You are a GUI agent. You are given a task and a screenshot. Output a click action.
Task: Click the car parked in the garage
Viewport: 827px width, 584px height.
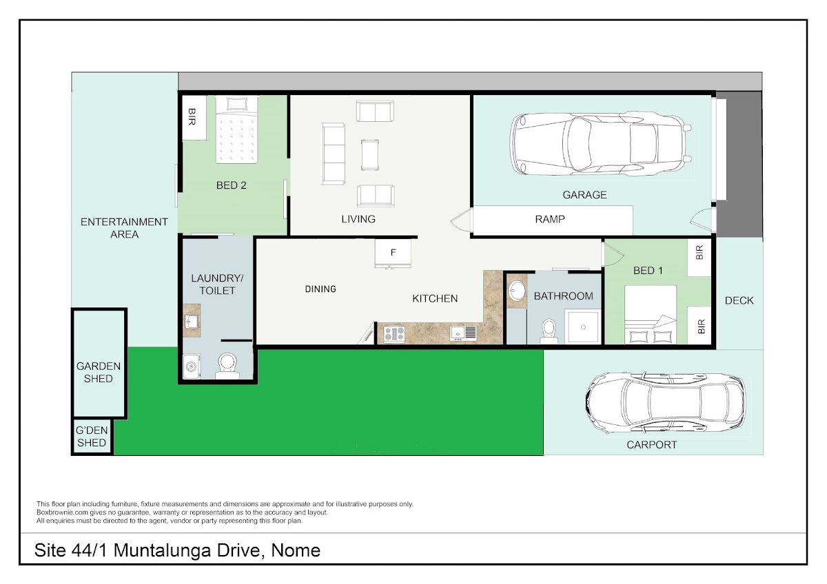click(601, 144)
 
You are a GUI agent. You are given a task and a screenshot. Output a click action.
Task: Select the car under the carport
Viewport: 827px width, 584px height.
click(665, 402)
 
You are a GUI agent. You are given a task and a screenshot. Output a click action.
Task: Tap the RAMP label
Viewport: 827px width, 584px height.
click(550, 219)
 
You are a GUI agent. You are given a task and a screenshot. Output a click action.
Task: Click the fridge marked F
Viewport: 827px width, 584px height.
click(394, 252)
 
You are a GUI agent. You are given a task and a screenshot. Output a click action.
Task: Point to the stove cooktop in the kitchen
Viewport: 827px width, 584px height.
click(394, 334)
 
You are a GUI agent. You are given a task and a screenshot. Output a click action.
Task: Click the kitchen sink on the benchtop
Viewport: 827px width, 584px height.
click(463, 333)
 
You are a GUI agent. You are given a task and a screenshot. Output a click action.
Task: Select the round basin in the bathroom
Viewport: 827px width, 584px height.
click(518, 291)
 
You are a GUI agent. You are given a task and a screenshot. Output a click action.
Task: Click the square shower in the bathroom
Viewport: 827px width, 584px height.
click(583, 327)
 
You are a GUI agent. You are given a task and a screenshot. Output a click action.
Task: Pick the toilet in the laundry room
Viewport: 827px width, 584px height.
click(227, 366)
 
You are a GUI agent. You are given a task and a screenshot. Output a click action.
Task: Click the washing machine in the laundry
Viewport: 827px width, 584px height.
click(192, 366)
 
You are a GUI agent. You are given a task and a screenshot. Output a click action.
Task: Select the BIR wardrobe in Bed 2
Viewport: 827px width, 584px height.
click(194, 118)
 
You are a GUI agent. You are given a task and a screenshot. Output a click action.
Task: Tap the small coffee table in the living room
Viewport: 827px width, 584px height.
click(370, 154)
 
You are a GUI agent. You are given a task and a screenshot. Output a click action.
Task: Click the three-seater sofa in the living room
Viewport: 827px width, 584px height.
click(334, 154)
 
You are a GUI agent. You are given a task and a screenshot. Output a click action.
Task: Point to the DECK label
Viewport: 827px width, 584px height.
click(739, 301)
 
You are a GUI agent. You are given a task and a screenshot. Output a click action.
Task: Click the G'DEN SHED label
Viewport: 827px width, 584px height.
click(92, 437)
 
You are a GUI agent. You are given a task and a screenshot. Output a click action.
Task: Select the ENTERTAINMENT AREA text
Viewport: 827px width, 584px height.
click(124, 228)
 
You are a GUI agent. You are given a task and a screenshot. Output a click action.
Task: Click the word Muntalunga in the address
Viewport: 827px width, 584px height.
click(163, 550)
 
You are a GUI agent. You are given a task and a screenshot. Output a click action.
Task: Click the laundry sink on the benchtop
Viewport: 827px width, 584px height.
click(192, 322)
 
